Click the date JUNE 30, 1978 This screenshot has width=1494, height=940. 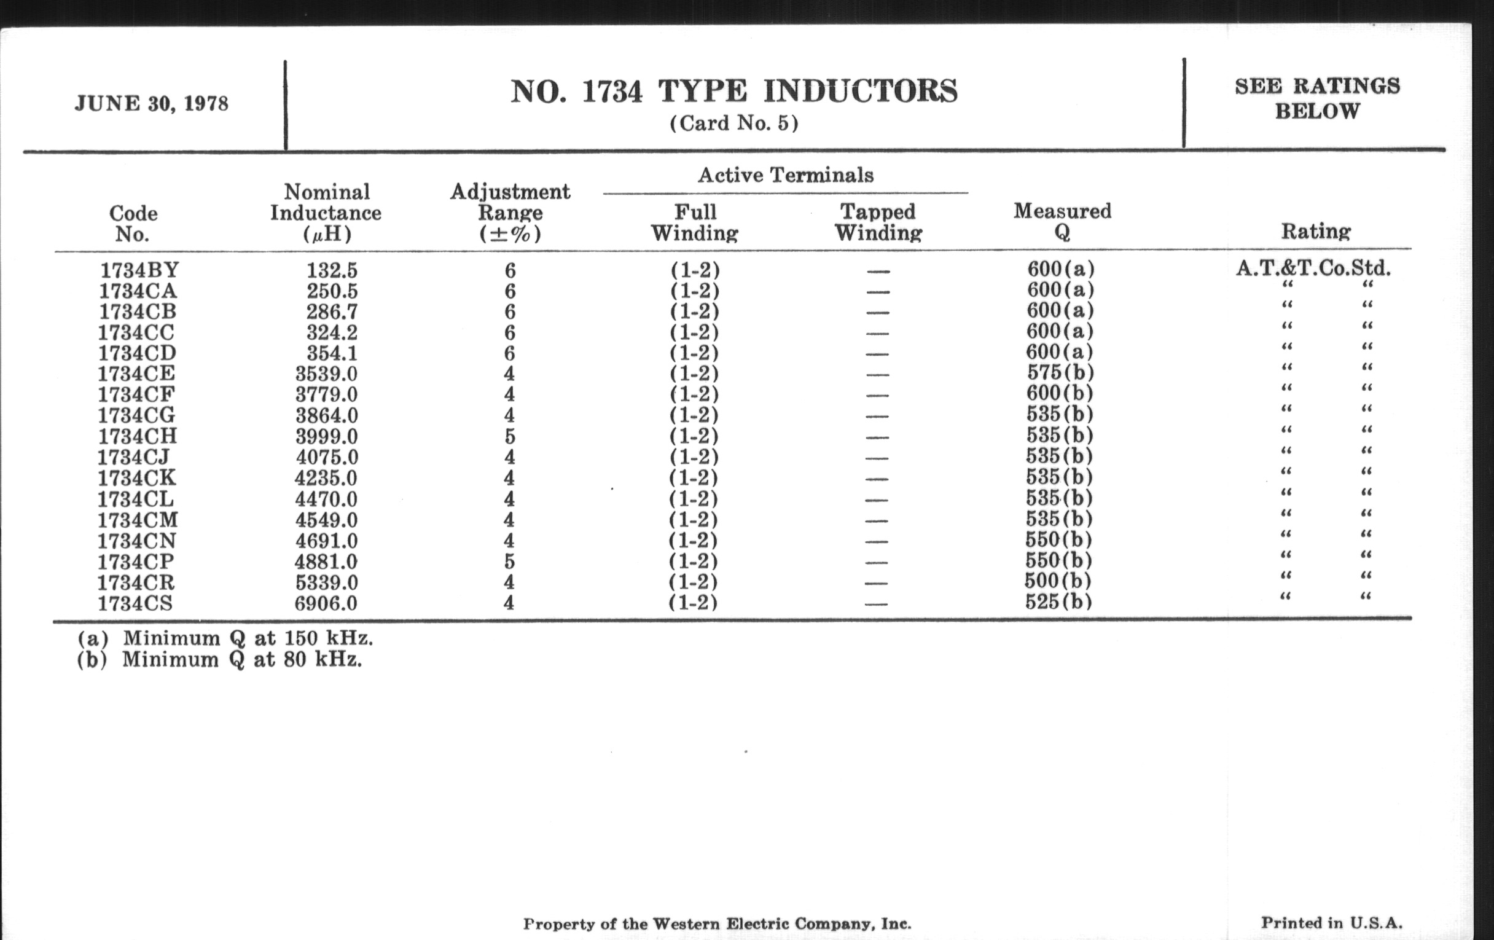pos(151,104)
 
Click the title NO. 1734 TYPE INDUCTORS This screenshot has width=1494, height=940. pos(734,91)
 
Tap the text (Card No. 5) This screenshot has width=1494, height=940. pos(734,123)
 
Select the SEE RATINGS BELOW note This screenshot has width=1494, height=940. pos(1316,99)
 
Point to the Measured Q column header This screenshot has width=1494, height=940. pos(1062,222)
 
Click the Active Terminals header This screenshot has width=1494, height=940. pos(786,175)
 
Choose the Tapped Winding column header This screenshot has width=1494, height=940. pos(878,222)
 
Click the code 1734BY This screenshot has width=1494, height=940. pos(139,270)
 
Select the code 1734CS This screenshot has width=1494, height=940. pos(135,603)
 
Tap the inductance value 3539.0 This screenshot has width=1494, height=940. pos(326,374)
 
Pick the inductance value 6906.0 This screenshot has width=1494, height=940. pos(326,603)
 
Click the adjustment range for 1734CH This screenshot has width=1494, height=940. pos(509,436)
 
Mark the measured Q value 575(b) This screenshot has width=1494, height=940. pos(1060,372)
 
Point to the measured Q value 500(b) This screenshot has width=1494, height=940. pos(1058,581)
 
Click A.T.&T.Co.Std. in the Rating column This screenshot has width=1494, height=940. pos(1313,268)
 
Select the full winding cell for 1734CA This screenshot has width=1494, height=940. pos(694,291)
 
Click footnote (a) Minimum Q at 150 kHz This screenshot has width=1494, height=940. pos(225,638)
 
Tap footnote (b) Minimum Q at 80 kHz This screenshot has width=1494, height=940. pos(219,659)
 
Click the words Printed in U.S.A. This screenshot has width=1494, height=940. pos(1331,923)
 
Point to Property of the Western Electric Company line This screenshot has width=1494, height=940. pos(718,924)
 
